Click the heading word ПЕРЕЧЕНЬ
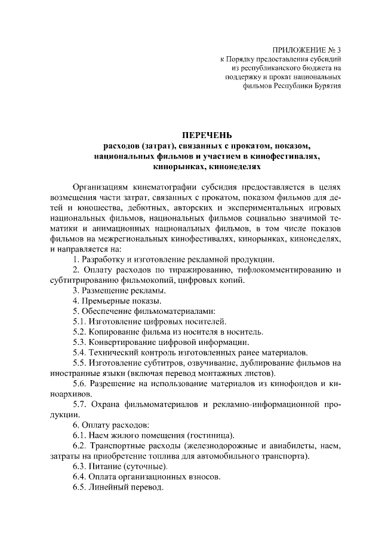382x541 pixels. click(207, 135)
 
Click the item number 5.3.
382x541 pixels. click(79, 343)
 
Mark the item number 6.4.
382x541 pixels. click(79, 477)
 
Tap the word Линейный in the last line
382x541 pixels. click(109, 487)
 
